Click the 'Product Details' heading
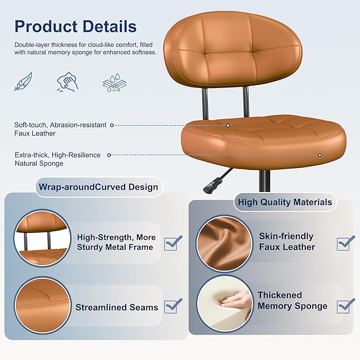[x=75, y=27]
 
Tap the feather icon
[x=23, y=82]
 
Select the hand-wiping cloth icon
[x=68, y=82]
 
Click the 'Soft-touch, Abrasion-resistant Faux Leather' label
[x=60, y=129]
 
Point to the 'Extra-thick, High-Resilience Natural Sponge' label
[x=57, y=159]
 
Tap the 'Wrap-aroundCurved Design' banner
[x=98, y=187]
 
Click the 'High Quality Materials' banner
[x=285, y=202]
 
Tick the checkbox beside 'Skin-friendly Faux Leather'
[x=346, y=243]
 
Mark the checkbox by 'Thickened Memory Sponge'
[x=345, y=306]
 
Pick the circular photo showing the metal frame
[x=41, y=239]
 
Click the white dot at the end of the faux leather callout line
[x=229, y=126]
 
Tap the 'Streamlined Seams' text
[x=117, y=308]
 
